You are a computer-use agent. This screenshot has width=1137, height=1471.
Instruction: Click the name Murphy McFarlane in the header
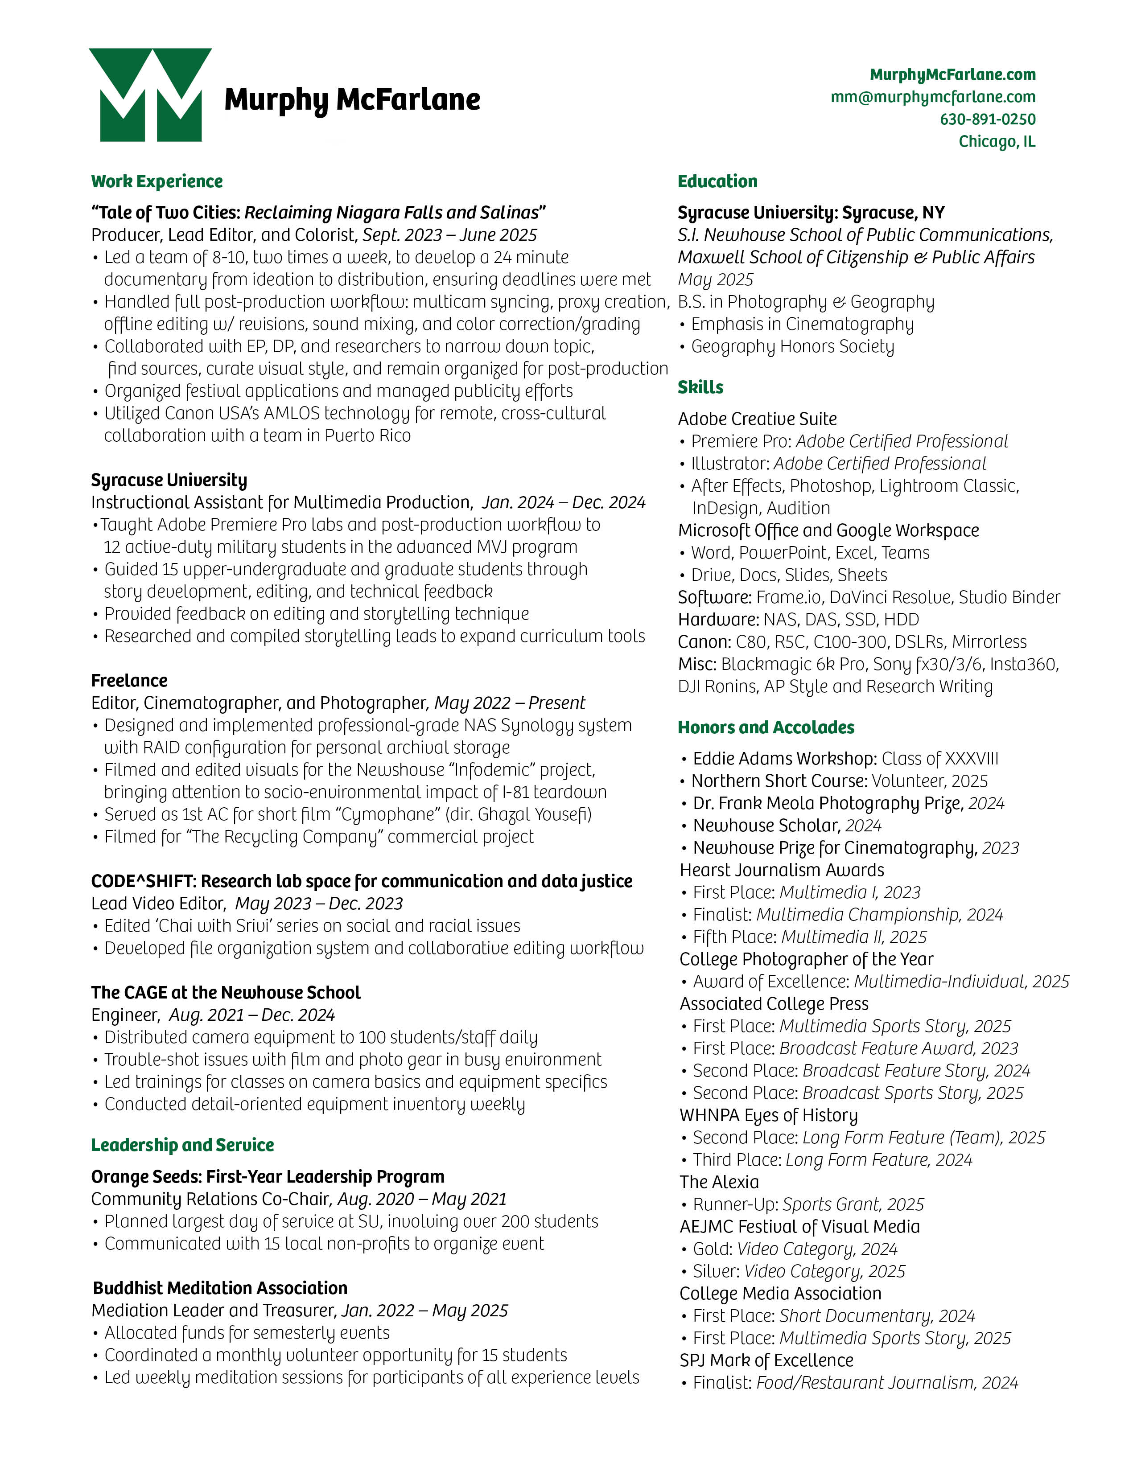tap(352, 100)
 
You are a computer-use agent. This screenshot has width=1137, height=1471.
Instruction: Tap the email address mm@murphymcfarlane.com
tap(933, 97)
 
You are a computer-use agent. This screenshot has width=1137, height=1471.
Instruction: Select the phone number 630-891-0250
tap(988, 119)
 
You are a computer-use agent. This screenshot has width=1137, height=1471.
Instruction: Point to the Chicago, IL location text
tap(997, 141)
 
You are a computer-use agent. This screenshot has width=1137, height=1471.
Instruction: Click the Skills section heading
tap(700, 387)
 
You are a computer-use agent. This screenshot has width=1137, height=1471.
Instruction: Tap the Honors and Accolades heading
tap(766, 727)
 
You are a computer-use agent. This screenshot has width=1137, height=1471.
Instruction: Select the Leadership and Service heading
tap(182, 1145)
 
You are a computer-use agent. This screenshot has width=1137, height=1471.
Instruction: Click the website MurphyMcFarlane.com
tap(952, 75)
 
